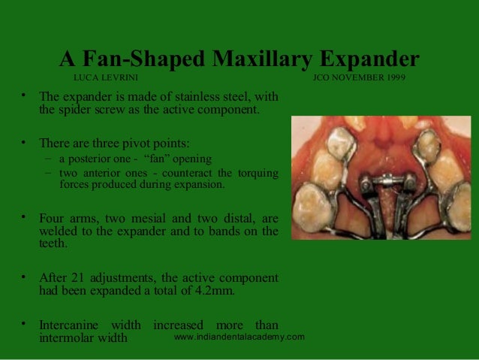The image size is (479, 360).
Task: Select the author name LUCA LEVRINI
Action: (106, 78)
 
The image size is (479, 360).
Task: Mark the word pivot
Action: (137, 142)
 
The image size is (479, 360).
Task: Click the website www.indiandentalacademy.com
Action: (239, 337)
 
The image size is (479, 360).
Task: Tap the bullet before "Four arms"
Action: (23, 216)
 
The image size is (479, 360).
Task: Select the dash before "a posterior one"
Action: (48, 159)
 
